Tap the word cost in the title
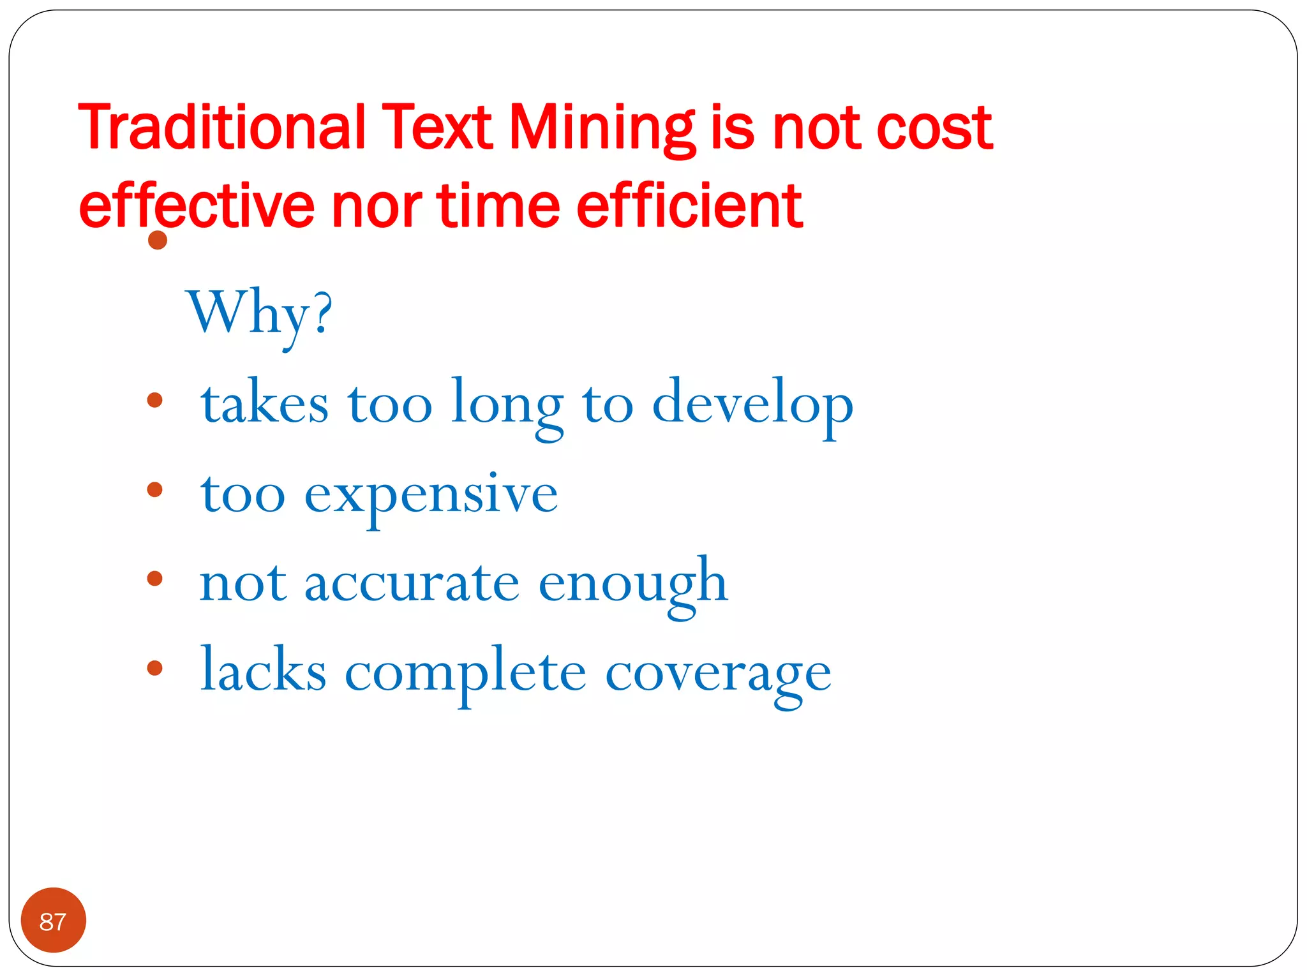point(934,128)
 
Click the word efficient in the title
point(689,205)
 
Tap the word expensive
point(431,495)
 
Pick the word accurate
point(412,583)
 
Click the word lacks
point(263,671)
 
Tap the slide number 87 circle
point(53,921)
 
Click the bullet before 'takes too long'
point(154,400)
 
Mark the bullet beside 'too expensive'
point(154,489)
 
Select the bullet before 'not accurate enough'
point(154,579)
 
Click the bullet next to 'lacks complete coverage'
point(154,668)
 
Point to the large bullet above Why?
point(157,241)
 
